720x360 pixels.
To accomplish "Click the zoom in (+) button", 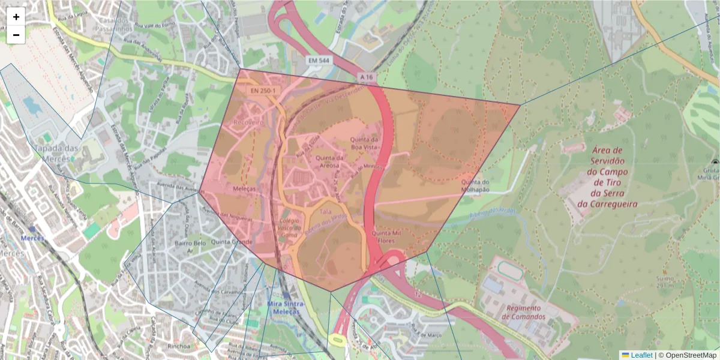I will click(16, 17).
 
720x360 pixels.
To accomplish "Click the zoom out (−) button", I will click(16, 35).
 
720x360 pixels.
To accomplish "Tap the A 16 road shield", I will click(367, 77).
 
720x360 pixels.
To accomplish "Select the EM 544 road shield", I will click(319, 61).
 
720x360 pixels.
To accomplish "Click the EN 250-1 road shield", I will click(265, 91).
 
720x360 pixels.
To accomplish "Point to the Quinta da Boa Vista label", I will click(365, 143).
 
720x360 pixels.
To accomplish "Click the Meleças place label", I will click(244, 188).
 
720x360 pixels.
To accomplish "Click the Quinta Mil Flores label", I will click(386, 236).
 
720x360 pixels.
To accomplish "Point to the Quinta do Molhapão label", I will click(476, 185).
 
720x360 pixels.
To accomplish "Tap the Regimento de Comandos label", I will click(526, 312).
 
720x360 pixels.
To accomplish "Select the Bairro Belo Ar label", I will click(190, 247).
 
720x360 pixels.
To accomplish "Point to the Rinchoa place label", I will click(163, 346).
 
